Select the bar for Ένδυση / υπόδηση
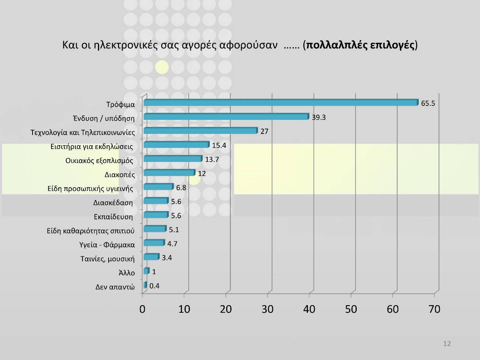pos(226,117)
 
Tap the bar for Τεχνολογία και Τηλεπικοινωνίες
pos(200,131)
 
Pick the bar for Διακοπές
pos(169,173)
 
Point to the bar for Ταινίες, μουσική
pos(151,258)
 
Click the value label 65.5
pos(428,103)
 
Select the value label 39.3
pos(318,117)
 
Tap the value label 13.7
pos(212,160)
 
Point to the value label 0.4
pos(154,286)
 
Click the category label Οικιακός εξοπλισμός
pos(99,161)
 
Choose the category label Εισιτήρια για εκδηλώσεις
pos(92,146)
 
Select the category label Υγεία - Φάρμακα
pos(107,245)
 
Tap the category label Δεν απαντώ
pos(115,287)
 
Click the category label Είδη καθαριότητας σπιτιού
pos(91,231)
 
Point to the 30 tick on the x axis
pos(267,309)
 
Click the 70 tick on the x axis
pos(435,309)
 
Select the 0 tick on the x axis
pos(142,309)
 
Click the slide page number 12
pos(447,344)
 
